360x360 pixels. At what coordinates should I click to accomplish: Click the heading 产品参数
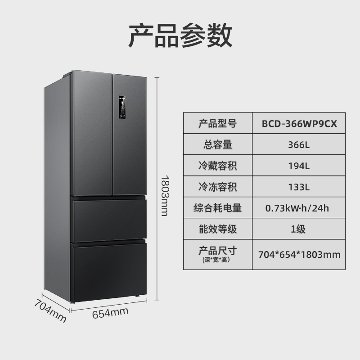180,36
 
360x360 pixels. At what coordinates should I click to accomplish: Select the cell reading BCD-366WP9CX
299,123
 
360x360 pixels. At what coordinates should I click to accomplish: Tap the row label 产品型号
217,123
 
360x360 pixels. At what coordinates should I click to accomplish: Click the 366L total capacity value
299,145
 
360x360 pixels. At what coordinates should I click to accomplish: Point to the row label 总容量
217,145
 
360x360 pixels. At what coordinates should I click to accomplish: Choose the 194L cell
299,166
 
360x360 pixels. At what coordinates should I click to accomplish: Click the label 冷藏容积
217,166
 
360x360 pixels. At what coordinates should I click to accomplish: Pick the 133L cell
299,187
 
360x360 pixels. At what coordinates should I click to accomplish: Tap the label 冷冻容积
217,187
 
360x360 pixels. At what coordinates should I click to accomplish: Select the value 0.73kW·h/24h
299,208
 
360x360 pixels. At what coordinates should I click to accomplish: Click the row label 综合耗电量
217,208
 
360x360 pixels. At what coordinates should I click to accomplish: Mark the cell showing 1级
299,229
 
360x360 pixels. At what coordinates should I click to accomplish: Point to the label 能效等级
217,229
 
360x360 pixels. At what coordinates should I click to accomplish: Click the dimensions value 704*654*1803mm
299,254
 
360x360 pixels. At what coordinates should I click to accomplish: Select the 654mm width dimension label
110,313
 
